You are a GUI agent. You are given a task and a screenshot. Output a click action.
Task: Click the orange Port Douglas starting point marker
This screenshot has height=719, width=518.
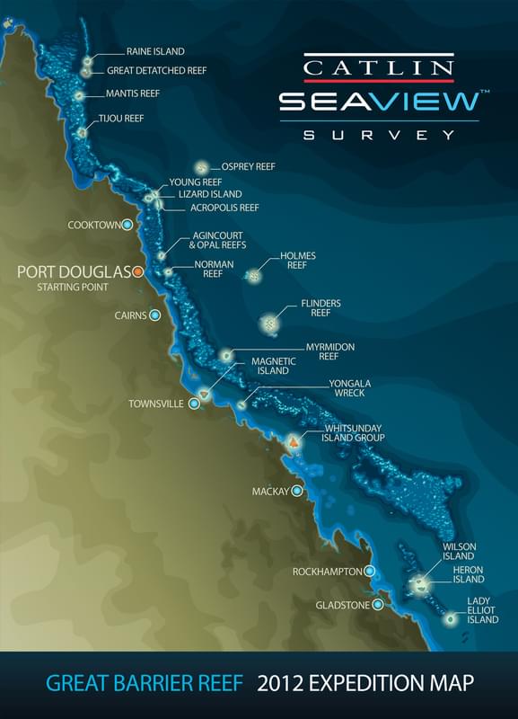point(138,272)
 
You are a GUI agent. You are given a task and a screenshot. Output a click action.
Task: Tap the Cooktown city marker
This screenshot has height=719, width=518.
point(127,225)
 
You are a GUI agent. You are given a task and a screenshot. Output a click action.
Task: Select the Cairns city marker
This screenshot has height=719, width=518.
point(155,315)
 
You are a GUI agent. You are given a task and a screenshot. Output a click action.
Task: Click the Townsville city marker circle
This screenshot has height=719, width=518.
point(193,404)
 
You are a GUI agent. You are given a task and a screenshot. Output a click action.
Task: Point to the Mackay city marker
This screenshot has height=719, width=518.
point(297,492)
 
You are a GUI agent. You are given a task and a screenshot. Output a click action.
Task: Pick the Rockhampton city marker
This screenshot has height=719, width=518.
point(369,572)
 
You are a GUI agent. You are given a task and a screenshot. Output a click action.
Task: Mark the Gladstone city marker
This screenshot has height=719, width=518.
point(378,605)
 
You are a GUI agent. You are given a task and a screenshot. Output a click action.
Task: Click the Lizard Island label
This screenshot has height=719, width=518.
point(209,193)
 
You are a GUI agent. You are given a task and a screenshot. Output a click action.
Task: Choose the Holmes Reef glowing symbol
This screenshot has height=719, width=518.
point(254,275)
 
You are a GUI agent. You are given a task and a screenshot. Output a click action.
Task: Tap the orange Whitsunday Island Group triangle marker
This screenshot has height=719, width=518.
point(293,442)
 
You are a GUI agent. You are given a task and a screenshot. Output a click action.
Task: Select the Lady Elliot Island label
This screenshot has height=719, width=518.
point(482,609)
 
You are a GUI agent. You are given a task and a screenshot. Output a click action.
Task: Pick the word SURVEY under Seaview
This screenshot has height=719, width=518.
point(378,135)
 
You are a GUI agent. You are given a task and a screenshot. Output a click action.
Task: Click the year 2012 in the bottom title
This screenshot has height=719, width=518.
point(279,685)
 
